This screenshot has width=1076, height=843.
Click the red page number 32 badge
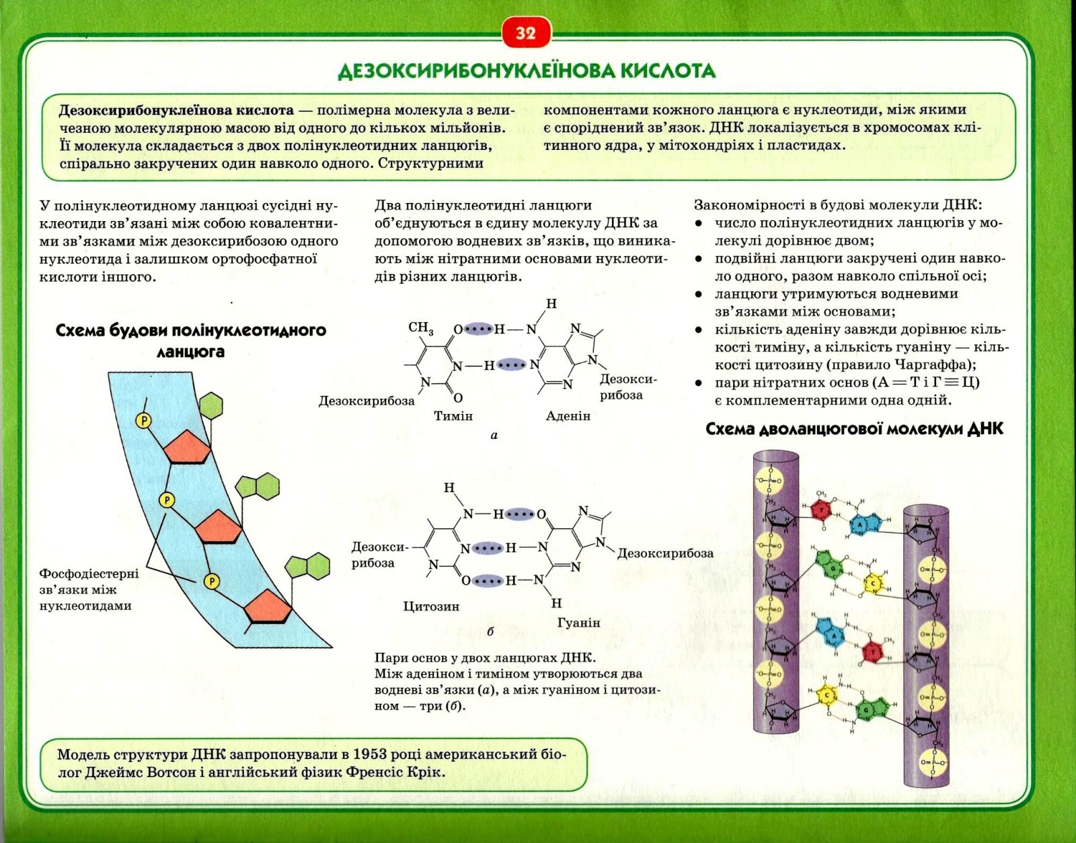point(525,34)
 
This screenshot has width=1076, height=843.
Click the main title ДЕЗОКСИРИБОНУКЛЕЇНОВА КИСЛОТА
point(527,71)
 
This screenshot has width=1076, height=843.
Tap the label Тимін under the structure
point(453,416)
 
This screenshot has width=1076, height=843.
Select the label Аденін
point(568,416)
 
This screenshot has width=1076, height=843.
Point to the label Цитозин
point(431,606)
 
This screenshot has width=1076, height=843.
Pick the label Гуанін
point(578,623)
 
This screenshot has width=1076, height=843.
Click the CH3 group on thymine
point(421,328)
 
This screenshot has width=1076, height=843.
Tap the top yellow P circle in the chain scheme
point(144,421)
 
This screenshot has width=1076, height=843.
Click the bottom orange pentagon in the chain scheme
point(267,608)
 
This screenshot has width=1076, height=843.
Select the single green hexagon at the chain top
point(211,405)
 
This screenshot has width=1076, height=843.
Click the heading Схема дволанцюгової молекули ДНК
point(854,430)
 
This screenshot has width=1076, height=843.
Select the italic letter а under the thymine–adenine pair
point(494,436)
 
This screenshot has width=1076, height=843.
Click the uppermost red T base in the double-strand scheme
point(821,510)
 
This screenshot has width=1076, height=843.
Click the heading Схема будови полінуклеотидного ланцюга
point(190,341)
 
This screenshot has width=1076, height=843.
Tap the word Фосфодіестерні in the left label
point(89,573)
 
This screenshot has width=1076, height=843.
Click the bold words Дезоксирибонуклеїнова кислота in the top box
point(176,110)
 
